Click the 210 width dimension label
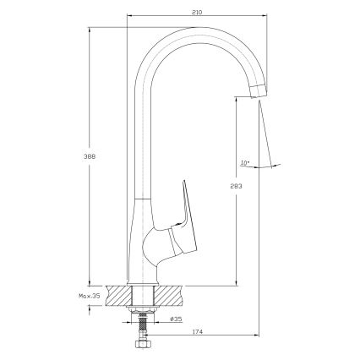[x=197, y=12]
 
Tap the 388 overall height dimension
[x=90, y=156]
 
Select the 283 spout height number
[x=236, y=186]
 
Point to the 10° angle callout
[x=245, y=162]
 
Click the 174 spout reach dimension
[x=198, y=332]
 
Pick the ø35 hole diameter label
[x=176, y=319]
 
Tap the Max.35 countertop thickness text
[x=90, y=296]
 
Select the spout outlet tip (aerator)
[x=259, y=90]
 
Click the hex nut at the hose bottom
[x=143, y=344]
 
